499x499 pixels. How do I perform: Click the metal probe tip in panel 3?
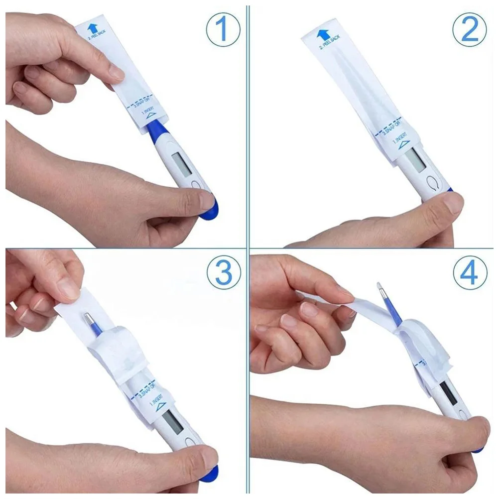(89, 318)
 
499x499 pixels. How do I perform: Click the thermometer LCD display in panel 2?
(414, 158)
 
